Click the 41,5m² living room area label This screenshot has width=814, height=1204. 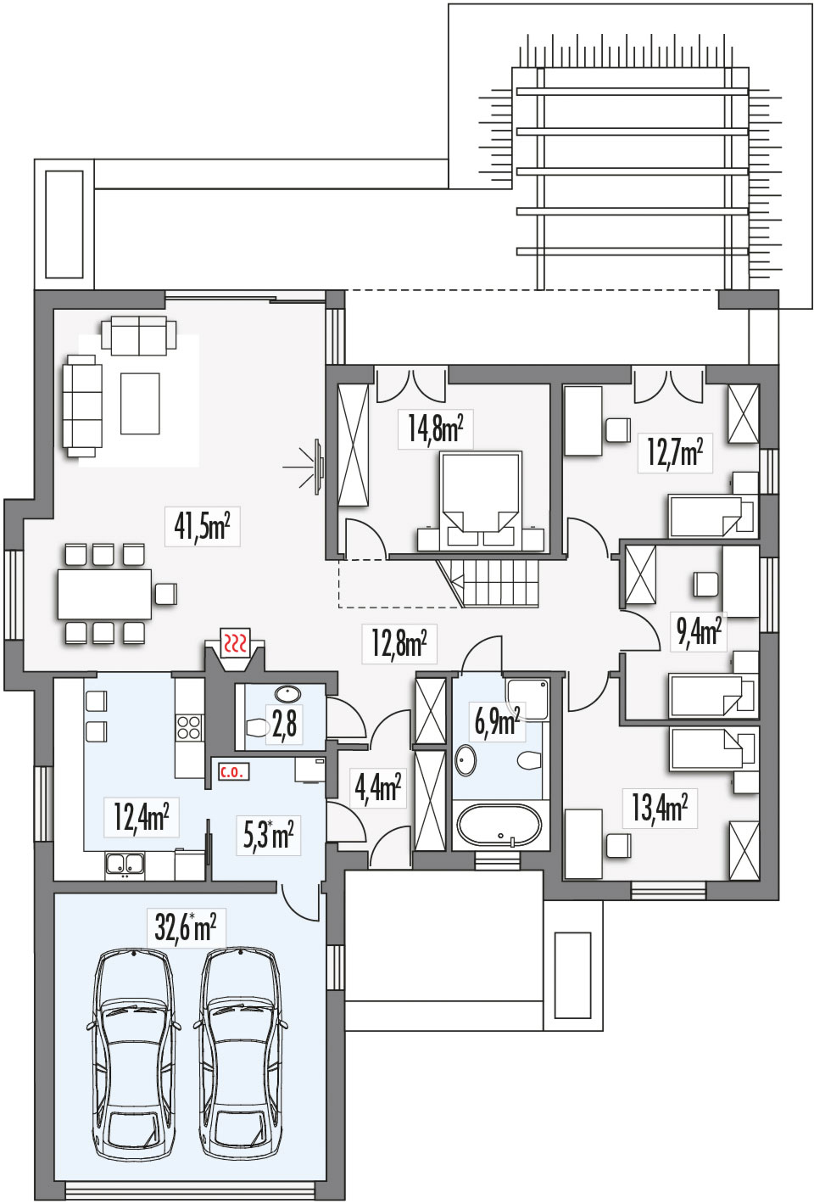pyautogui.click(x=202, y=527)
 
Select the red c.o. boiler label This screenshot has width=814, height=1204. pyautogui.click(x=232, y=773)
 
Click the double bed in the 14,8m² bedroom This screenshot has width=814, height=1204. pyautogui.click(x=480, y=501)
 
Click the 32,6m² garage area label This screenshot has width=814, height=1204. pyautogui.click(x=186, y=928)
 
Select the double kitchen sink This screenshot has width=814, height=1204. pyautogui.click(x=125, y=863)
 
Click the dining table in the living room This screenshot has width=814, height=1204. pyautogui.click(x=104, y=594)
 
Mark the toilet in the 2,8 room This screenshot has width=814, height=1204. pyautogui.click(x=258, y=728)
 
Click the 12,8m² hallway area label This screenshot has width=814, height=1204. pyautogui.click(x=399, y=643)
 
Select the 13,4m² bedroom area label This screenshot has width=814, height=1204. pyautogui.click(x=660, y=808)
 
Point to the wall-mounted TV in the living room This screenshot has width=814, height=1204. pyautogui.click(x=319, y=467)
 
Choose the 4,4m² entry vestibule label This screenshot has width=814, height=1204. pyautogui.click(x=377, y=787)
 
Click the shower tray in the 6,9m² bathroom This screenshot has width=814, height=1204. pyautogui.click(x=527, y=699)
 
